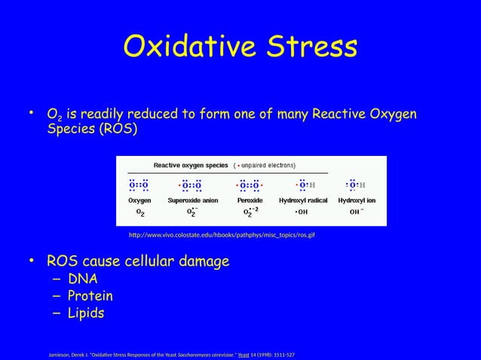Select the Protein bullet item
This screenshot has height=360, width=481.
click(93, 296)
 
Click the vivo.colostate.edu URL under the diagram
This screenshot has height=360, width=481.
click(222, 236)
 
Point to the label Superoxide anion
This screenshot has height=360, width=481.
click(193, 201)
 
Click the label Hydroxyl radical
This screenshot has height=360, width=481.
click(302, 201)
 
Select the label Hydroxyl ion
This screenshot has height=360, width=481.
click(357, 201)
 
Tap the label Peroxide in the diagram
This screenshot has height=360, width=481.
click(249, 201)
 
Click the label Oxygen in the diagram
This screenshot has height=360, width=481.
click(139, 201)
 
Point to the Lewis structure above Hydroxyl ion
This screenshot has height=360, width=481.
click(355, 185)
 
